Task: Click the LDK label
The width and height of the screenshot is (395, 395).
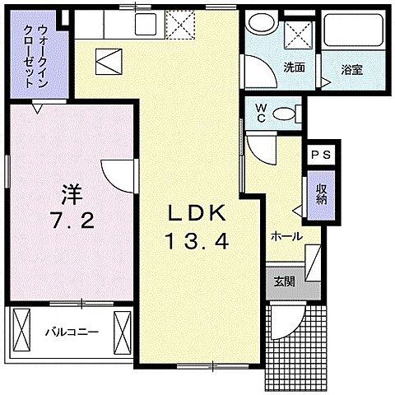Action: point(197,213)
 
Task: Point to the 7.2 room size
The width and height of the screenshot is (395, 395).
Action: point(72,222)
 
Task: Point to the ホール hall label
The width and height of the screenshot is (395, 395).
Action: point(286,236)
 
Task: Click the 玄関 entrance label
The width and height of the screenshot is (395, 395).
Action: point(281,281)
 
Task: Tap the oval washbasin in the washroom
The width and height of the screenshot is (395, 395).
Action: point(263,26)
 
